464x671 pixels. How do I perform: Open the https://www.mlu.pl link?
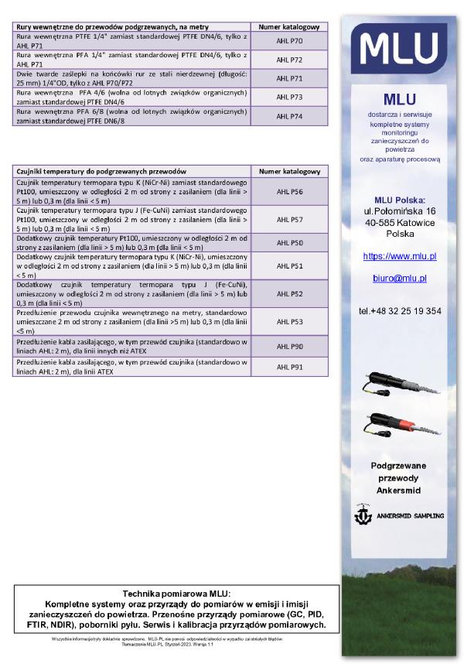point(400,255)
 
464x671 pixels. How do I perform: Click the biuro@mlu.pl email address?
point(399,277)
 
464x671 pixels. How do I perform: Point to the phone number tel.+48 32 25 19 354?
point(400,311)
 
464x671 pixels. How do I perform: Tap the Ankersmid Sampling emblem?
point(363,513)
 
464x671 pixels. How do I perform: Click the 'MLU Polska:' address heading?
point(400,200)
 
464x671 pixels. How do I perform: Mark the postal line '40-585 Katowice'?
point(400,222)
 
